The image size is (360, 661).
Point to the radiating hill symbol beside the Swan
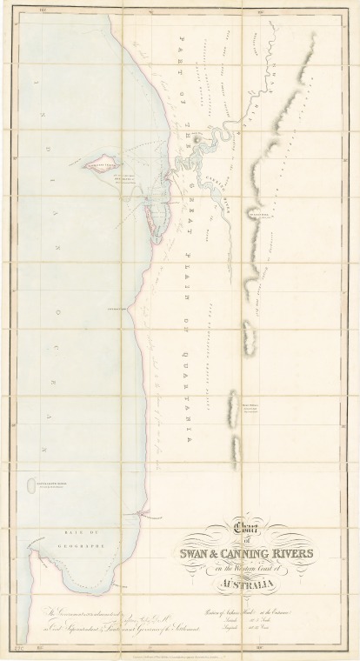[x=199, y=136]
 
